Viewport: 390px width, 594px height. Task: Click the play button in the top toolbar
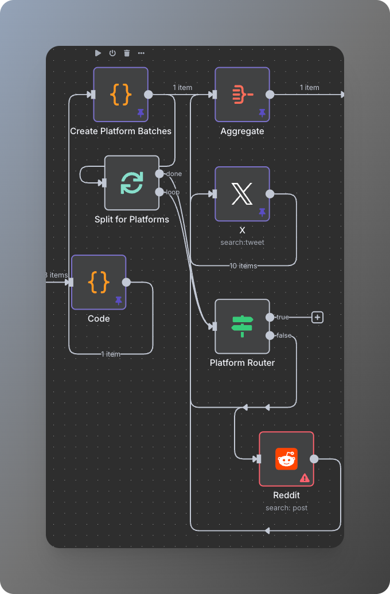point(98,53)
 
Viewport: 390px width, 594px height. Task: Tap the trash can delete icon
point(127,53)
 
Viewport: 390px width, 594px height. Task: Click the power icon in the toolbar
point(112,53)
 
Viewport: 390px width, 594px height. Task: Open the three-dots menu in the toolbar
point(141,53)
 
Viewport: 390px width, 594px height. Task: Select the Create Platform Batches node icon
point(121,94)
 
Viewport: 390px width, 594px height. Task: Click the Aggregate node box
point(242,94)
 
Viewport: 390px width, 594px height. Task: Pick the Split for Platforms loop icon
point(132,183)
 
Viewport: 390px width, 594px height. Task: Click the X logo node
point(242,194)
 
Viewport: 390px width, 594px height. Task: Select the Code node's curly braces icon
point(99,282)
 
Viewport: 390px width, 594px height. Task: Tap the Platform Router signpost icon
point(242,326)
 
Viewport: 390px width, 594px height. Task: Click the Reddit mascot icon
point(286,459)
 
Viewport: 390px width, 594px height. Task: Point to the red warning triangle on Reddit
point(305,478)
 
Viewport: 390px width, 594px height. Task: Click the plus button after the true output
point(318,317)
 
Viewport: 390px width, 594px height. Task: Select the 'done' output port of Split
point(159,174)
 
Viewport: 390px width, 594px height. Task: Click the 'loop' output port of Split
point(159,192)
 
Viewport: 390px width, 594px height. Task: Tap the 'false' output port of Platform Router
point(270,335)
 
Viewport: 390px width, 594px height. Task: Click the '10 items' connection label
point(243,266)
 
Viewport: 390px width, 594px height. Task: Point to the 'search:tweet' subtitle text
point(242,243)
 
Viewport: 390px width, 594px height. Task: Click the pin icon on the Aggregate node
point(262,113)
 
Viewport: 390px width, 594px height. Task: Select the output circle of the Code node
point(126,282)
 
